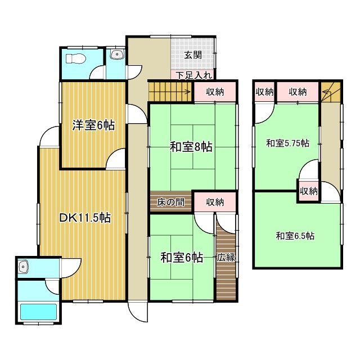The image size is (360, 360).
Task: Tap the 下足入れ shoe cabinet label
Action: pyautogui.click(x=193, y=75)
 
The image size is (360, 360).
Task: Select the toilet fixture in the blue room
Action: pyautogui.click(x=73, y=58)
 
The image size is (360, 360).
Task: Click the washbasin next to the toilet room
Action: pyautogui.click(x=117, y=55)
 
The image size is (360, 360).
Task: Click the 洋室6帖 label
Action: pyautogui.click(x=93, y=125)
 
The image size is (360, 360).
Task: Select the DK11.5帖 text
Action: pyautogui.click(x=84, y=218)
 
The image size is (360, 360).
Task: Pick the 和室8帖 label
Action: pyautogui.click(x=191, y=147)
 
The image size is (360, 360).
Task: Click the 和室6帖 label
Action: pyautogui.click(x=182, y=258)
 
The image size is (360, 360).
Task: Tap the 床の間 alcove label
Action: pyautogui.click(x=170, y=202)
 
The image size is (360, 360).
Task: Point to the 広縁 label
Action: pyautogui.click(x=226, y=258)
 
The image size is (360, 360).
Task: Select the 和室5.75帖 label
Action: pyautogui.click(x=287, y=143)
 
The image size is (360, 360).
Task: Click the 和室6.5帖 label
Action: pyautogui.click(x=295, y=236)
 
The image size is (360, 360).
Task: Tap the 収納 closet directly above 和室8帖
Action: pyautogui.click(x=216, y=92)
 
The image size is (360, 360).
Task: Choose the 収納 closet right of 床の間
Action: pyautogui.click(x=215, y=202)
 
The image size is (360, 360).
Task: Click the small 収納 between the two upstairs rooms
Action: pyautogui.click(x=308, y=191)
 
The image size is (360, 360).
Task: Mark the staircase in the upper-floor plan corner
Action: pyautogui.click(x=331, y=92)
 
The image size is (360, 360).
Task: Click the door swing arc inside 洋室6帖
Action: pyautogui.click(x=116, y=160)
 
